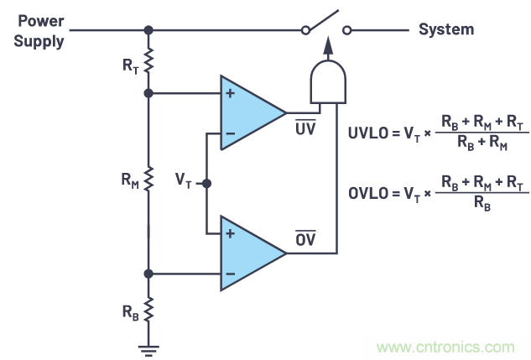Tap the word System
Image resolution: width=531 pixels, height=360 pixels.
tap(445, 29)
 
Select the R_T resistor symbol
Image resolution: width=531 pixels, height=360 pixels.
tap(148, 60)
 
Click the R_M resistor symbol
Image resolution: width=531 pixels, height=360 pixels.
tap(148, 179)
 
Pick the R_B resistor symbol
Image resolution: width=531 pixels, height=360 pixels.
tap(148, 310)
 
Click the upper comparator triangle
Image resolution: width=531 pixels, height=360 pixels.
tap(249, 112)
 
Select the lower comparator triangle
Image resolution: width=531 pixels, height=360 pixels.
tap(249, 252)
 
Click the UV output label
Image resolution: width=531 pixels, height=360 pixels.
tap(304, 128)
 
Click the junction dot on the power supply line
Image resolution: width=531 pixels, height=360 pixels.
tap(148, 30)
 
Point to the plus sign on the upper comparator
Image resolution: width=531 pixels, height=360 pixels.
tap(229, 92)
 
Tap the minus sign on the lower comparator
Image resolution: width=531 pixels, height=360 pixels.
tap(229, 272)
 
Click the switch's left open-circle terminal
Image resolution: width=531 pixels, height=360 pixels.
tap(306, 30)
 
